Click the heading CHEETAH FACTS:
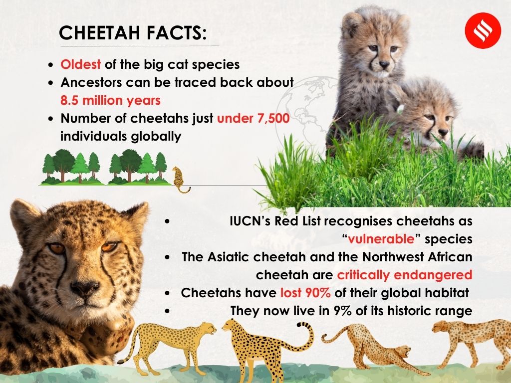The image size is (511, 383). (x=132, y=33)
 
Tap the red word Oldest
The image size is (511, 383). (x=80, y=65)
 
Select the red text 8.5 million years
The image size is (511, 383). (x=110, y=100)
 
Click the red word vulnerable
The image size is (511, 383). (x=382, y=238)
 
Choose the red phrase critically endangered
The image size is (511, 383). (x=404, y=275)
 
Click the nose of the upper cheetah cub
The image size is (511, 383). (x=384, y=64)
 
